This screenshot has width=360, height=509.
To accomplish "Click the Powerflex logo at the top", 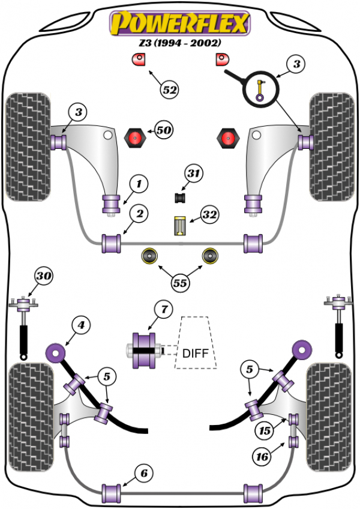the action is (x=180, y=23).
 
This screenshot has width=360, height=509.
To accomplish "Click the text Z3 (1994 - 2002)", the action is (x=180, y=43).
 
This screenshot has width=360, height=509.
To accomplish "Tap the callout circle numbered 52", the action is (x=170, y=89).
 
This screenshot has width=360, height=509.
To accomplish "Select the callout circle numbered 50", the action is (x=164, y=130).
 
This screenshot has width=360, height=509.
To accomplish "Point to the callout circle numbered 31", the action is (x=193, y=173).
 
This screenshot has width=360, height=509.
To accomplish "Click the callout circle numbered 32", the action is (x=209, y=214).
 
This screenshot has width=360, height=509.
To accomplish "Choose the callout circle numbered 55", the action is (x=180, y=283).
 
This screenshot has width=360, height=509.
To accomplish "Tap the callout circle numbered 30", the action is (x=44, y=276).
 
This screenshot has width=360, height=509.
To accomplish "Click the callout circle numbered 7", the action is (x=164, y=309).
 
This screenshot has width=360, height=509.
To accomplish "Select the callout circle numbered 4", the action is (x=81, y=325).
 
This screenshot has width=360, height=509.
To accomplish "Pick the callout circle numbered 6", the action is (x=144, y=474).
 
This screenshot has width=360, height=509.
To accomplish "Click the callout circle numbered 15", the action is (x=265, y=431).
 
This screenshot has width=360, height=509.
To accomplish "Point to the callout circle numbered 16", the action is (x=262, y=457).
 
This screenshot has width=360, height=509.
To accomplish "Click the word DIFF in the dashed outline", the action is (x=196, y=353).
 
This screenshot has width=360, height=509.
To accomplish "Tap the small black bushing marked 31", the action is (x=180, y=197).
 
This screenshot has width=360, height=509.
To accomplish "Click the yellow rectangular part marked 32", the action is (x=179, y=226).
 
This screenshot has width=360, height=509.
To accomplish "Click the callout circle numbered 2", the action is (x=140, y=214).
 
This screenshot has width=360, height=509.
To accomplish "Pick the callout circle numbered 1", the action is (x=139, y=184).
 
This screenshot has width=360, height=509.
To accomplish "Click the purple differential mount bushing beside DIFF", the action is (x=143, y=351).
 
